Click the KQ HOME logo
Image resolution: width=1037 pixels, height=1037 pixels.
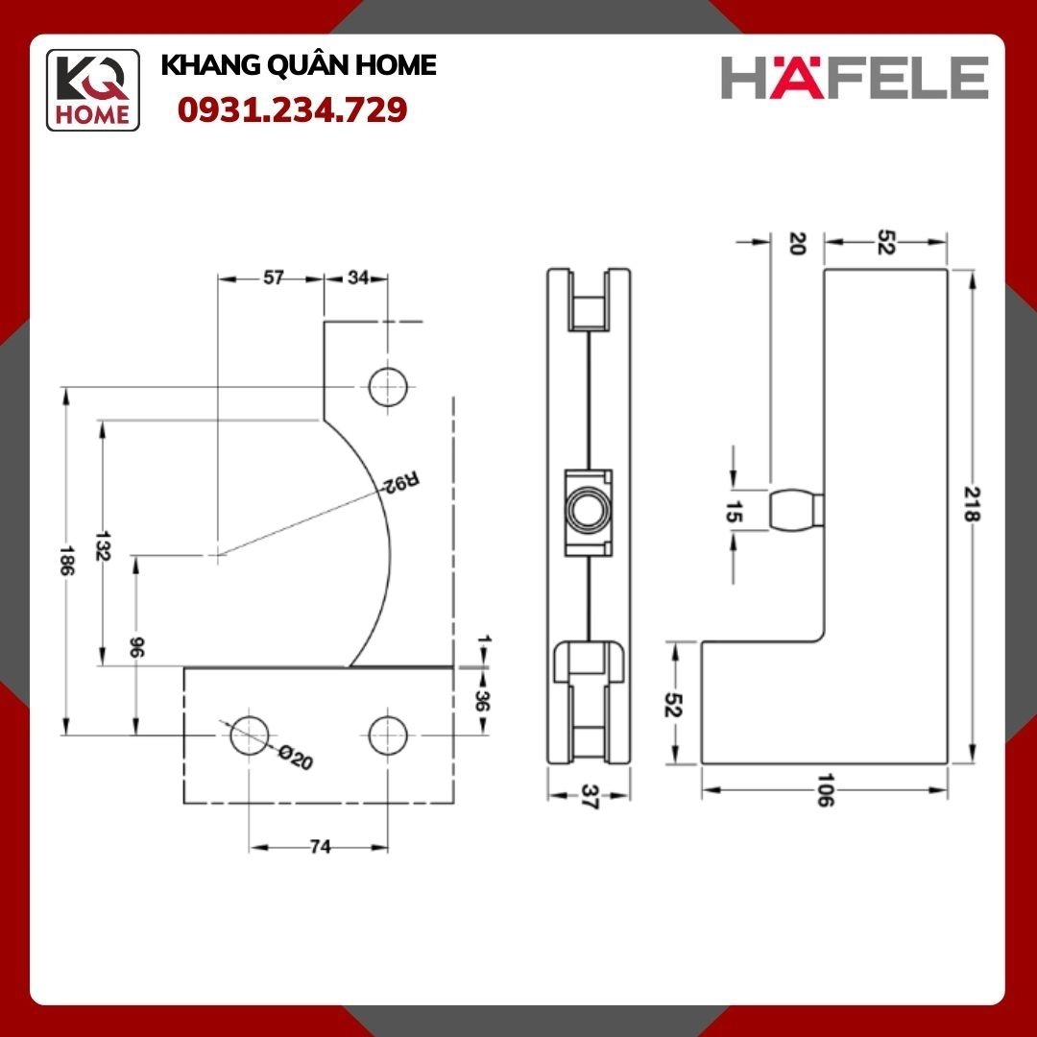tap(92, 90)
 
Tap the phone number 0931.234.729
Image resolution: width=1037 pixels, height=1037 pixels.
tap(292, 109)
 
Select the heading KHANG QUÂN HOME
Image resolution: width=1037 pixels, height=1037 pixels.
tap(299, 65)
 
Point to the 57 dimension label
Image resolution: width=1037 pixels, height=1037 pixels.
tap(273, 277)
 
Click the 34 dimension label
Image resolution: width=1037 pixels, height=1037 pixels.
tap(358, 277)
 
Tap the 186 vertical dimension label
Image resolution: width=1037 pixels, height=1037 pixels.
tap(65, 560)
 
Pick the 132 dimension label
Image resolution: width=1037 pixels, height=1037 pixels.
tap(101, 545)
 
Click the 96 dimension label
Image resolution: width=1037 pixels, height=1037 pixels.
tap(136, 647)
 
